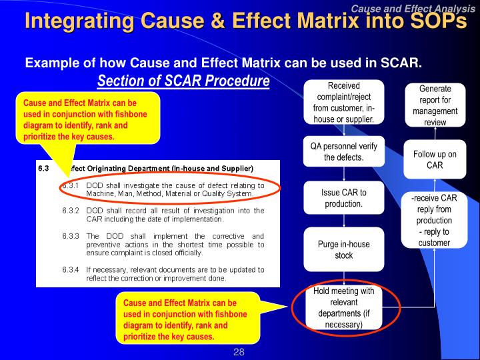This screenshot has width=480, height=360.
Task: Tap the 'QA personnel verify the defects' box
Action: (x=343, y=152)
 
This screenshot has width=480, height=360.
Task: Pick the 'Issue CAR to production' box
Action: (x=343, y=198)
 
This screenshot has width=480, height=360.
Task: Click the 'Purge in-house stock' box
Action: (x=343, y=249)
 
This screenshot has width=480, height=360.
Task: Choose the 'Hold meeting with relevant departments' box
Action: (x=343, y=308)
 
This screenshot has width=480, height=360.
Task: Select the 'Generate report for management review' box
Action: (x=435, y=105)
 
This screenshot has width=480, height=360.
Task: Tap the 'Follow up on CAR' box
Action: (x=435, y=159)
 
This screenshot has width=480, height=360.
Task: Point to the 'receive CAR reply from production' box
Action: (x=435, y=220)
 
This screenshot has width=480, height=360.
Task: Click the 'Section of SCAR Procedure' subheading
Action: (x=183, y=81)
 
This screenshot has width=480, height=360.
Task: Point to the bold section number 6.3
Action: (x=44, y=168)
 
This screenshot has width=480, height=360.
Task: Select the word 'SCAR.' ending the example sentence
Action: (x=402, y=63)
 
